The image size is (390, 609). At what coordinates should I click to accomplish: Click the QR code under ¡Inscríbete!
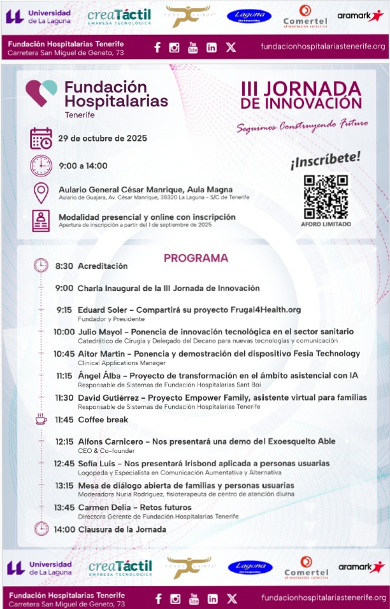point(325,196)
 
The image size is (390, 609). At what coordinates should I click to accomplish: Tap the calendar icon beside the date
point(41,138)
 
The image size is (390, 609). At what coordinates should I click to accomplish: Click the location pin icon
point(41,192)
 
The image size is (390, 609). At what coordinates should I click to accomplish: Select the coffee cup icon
point(41,419)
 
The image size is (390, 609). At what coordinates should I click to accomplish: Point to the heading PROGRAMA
point(196,258)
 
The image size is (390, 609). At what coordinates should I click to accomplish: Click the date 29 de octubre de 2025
point(103,138)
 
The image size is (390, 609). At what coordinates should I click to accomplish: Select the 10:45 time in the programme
point(64,353)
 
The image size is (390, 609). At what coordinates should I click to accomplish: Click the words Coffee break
point(103,420)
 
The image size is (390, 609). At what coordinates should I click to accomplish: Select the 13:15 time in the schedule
point(65,485)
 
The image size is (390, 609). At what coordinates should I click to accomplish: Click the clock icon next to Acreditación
point(41,266)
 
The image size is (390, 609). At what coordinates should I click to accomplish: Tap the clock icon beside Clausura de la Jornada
point(41,529)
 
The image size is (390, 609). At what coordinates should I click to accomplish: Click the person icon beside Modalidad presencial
point(41,220)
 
